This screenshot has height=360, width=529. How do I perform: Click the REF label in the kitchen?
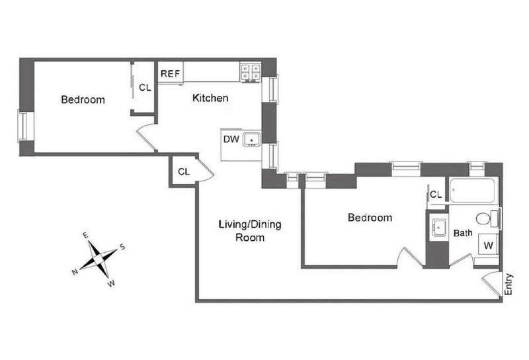[x=170, y=73]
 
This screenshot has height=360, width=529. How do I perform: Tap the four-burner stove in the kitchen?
[x=251, y=72]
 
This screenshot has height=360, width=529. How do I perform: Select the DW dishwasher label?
[x=231, y=139]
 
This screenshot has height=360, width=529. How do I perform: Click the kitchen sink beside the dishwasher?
[x=251, y=140]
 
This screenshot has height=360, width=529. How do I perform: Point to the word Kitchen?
[x=210, y=98]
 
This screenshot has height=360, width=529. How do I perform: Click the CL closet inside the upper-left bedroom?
[x=145, y=87]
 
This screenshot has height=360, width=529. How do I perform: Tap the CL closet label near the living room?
[x=184, y=171]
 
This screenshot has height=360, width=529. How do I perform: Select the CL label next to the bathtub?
[x=436, y=195]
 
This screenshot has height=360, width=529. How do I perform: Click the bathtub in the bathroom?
[x=473, y=191]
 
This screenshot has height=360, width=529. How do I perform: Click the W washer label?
[x=488, y=246]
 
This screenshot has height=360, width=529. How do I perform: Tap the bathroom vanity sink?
[x=438, y=228]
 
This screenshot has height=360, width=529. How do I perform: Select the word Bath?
[x=463, y=233]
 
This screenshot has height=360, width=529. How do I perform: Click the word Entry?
[x=509, y=285]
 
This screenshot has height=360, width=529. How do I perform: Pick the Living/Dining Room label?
[x=250, y=231]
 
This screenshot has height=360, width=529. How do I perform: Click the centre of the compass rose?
[x=98, y=259]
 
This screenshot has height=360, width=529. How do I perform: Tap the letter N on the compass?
[x=75, y=272]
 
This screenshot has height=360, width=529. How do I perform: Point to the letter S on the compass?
[x=122, y=247]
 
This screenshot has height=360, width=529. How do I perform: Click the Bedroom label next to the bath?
[x=370, y=218]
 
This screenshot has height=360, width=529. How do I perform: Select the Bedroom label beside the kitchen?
[x=83, y=100]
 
